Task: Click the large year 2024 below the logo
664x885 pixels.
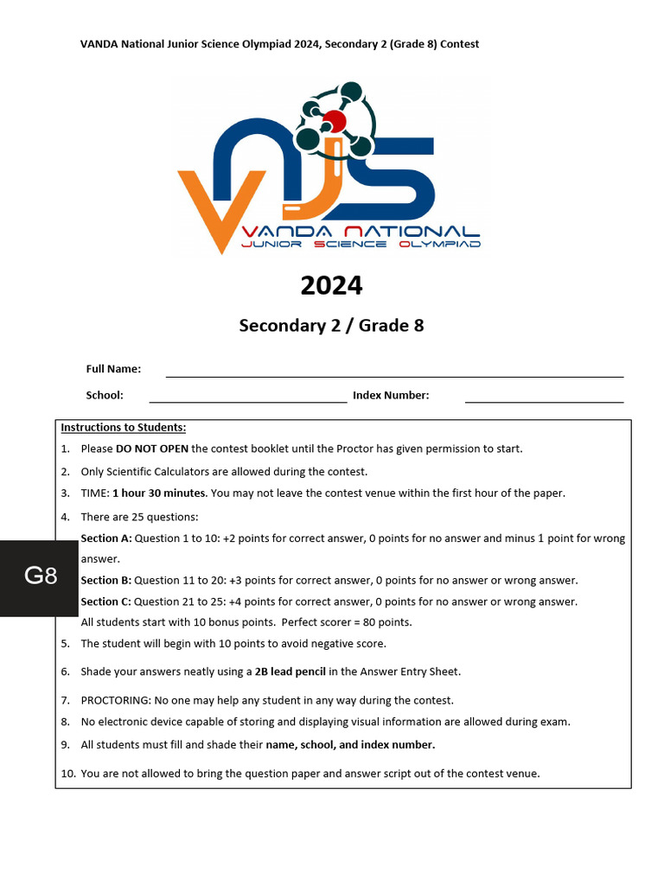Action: coord(331,285)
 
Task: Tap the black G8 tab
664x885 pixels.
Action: coord(41,576)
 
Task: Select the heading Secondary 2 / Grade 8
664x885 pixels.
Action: coord(331,326)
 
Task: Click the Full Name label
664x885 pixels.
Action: coord(113,369)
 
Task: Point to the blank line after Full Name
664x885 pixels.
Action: coord(394,376)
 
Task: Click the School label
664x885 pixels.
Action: coord(105,395)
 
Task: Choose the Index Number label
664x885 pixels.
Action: coord(391,395)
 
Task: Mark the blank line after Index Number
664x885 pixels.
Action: coord(544,401)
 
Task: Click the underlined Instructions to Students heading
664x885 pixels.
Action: coord(124,427)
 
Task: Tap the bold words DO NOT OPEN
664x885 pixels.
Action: coord(152,449)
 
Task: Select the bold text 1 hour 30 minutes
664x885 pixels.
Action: coord(159,493)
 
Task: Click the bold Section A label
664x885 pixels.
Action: coord(106,538)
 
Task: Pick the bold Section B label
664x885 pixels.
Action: coord(106,581)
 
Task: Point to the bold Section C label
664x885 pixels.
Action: coord(106,602)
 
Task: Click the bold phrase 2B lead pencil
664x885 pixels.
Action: coord(290,672)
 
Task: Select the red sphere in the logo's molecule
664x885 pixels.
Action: coord(335,120)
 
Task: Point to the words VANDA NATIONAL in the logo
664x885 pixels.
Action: coord(361,232)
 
